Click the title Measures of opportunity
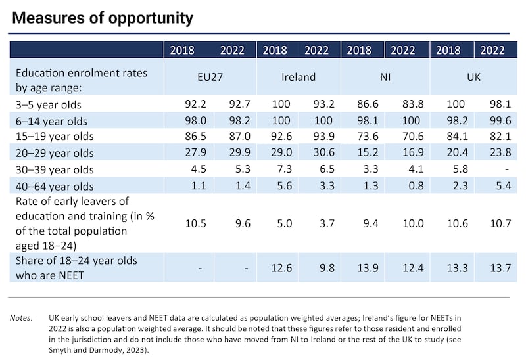[x=103, y=18]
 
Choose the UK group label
[x=472, y=77]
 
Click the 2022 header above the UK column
[x=493, y=50]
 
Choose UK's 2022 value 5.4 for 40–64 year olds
[x=494, y=186]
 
